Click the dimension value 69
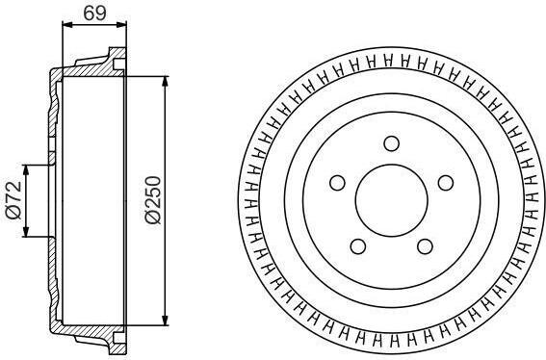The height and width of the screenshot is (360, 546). tap(94, 13)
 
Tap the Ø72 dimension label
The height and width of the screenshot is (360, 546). tap(13, 200)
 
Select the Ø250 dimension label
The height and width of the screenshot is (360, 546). tap(153, 200)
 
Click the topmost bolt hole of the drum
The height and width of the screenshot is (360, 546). tap(391, 143)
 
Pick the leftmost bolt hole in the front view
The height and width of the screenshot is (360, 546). tap(337, 183)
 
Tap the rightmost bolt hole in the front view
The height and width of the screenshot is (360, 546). tap(445, 183)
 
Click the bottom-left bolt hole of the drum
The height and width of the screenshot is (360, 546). tap(358, 246)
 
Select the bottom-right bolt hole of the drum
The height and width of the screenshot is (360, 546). tap(425, 246)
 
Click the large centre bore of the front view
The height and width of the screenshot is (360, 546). tap(391, 200)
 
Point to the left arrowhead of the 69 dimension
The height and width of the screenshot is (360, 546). tap(66, 24)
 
